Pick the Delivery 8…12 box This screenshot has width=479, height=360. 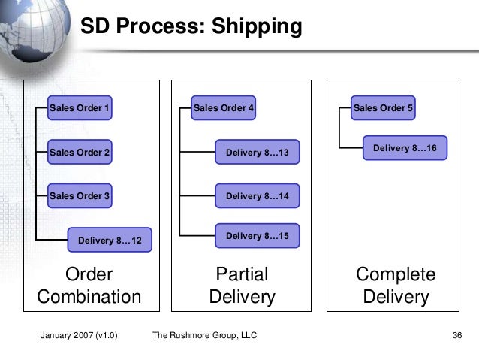110,241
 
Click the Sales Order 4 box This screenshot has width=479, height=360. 224,109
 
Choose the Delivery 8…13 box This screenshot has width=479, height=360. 257,153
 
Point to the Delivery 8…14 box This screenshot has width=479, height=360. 257,196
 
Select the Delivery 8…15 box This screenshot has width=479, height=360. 257,236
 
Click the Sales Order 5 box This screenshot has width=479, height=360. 383,109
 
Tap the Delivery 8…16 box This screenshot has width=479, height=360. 405,149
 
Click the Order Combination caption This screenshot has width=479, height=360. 89,285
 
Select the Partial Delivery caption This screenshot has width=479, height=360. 242,285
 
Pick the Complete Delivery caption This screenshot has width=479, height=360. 396,285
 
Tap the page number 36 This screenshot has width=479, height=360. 456,335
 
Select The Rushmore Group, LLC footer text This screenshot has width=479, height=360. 204,335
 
